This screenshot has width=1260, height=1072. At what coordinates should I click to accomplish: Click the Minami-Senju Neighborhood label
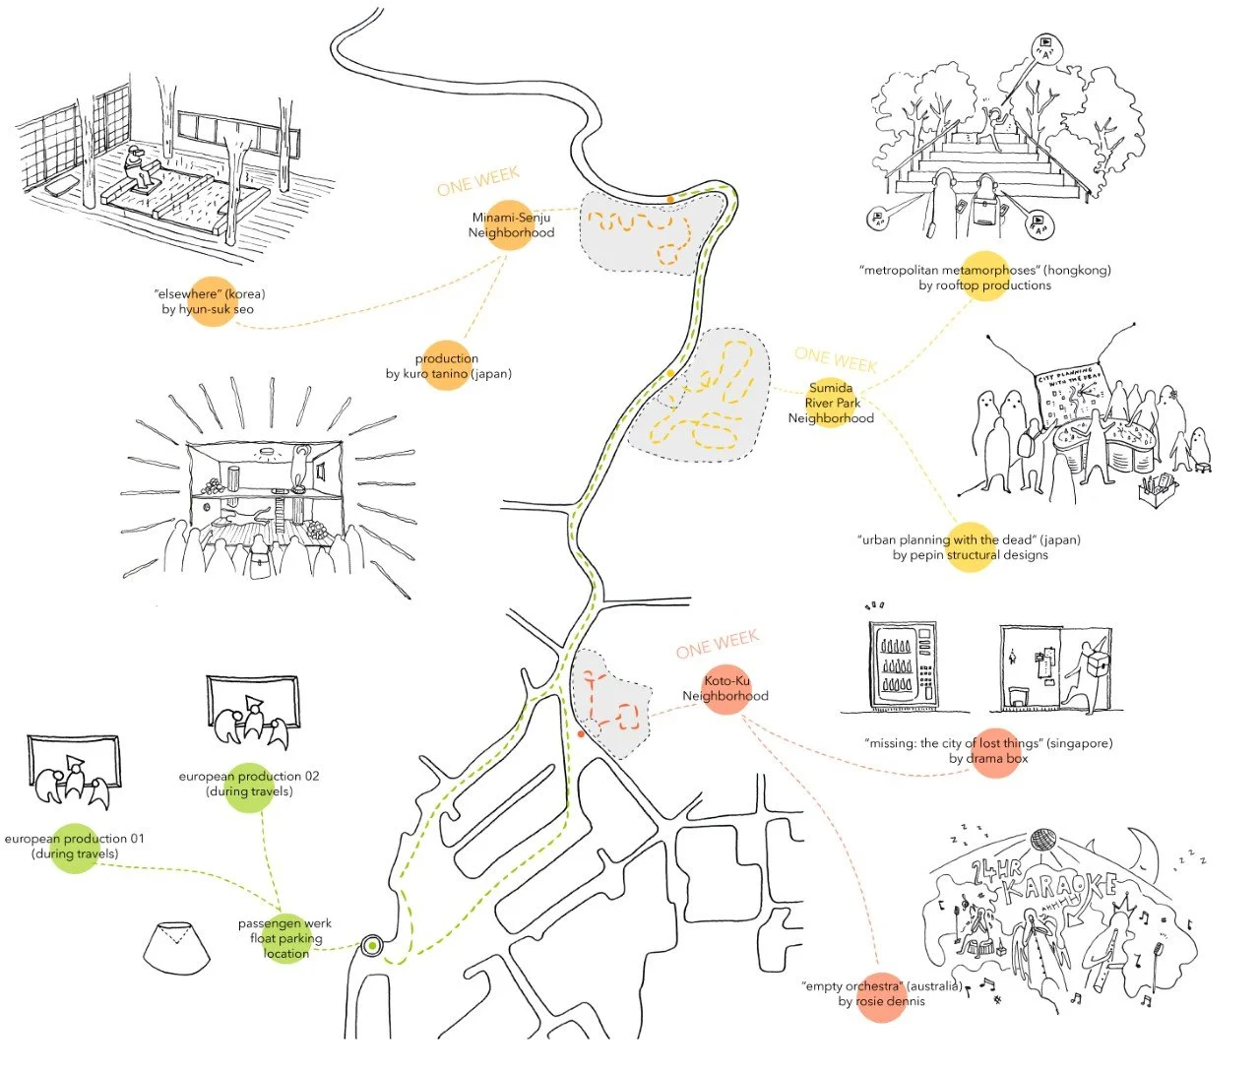pyautogui.click(x=511, y=225)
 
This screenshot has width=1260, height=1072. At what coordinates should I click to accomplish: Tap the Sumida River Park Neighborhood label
pyautogui.click(x=832, y=403)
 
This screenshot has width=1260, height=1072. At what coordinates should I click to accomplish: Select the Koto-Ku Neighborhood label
pyautogui.click(x=725, y=688)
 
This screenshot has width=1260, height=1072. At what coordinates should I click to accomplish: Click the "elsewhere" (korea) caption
pyautogui.click(x=210, y=301)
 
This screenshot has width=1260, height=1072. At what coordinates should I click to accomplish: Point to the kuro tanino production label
pyautogui.click(x=448, y=366)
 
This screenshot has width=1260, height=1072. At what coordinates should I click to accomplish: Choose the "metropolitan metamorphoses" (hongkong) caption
pyautogui.click(x=984, y=278)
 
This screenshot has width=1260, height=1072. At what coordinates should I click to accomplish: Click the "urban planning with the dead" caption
pyautogui.click(x=970, y=547)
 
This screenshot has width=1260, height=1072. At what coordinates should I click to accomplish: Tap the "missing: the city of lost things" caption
pyautogui.click(x=988, y=751)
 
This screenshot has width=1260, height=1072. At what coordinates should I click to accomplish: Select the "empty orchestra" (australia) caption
pyautogui.click(x=882, y=993)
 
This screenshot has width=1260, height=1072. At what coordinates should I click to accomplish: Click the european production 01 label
pyautogui.click(x=75, y=847)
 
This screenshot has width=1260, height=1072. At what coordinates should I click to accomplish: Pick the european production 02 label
pyautogui.click(x=249, y=784)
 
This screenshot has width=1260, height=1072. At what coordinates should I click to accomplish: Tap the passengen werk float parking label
pyautogui.click(x=285, y=938)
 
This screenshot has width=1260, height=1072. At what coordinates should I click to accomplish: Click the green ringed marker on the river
pyautogui.click(x=372, y=947)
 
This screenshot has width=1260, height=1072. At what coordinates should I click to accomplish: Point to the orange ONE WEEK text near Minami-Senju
pyautogui.click(x=478, y=182)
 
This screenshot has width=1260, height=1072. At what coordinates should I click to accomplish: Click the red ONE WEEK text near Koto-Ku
pyautogui.click(x=718, y=645)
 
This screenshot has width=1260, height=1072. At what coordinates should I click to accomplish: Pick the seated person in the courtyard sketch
pyautogui.click(x=139, y=168)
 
